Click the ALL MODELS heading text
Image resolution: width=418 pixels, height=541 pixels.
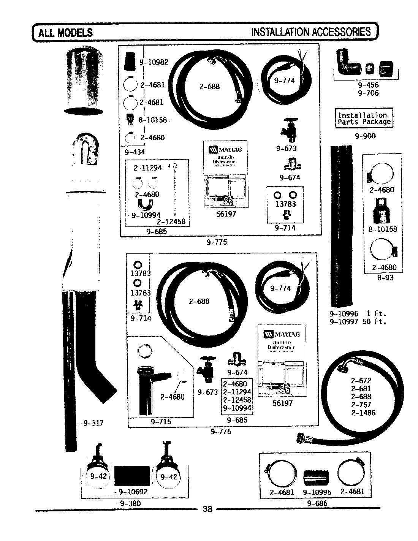[65, 32]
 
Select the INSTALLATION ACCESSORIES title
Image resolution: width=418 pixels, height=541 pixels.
[311, 32]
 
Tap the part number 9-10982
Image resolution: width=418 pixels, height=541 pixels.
[154, 62]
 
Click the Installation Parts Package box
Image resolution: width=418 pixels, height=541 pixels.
[364, 118]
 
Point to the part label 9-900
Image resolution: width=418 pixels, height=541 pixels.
[365, 136]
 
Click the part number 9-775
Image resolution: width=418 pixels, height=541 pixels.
[217, 242]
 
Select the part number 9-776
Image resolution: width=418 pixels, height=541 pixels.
[221, 432]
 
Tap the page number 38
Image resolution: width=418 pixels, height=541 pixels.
[207, 509]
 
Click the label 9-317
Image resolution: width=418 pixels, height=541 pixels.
[93, 422]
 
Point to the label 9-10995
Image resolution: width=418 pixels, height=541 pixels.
[317, 492]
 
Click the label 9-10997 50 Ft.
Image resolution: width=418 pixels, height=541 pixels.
[358, 322]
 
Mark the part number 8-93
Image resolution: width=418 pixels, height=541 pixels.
[385, 278]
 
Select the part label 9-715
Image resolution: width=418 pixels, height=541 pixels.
[161, 421]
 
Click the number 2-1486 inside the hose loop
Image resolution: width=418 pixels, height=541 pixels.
[363, 413]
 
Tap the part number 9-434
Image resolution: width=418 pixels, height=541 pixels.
[135, 152]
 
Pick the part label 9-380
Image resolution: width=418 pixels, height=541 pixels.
[130, 503]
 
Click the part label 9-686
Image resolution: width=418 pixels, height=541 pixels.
[317, 504]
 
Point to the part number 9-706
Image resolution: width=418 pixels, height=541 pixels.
[368, 93]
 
